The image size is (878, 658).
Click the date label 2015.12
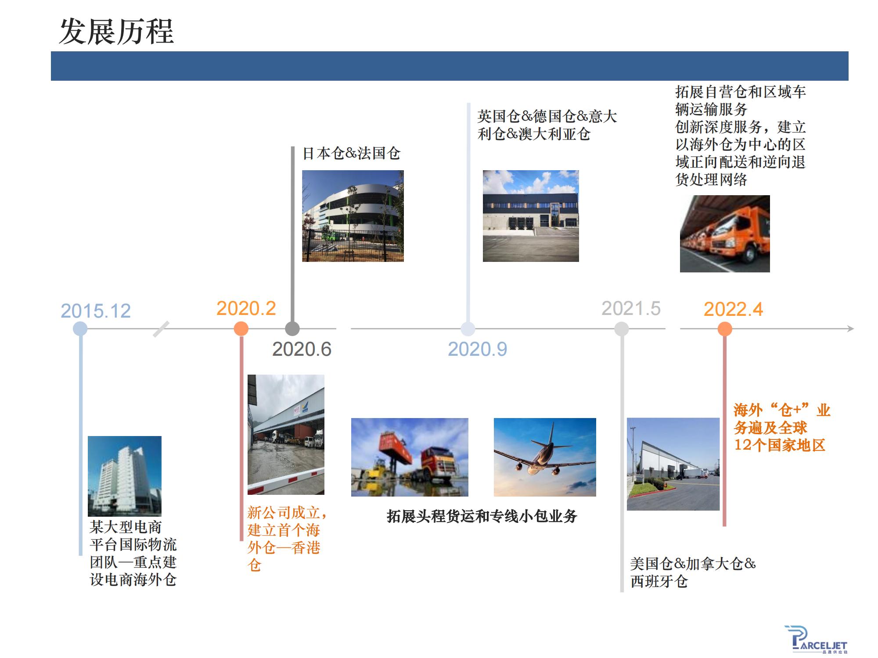[x=96, y=311]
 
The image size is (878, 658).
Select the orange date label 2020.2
[x=246, y=308]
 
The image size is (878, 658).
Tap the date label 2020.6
[x=302, y=349]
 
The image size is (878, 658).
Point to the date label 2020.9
[x=477, y=349]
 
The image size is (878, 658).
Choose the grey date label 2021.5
[x=631, y=308]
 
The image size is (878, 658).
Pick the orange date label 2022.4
[x=733, y=309]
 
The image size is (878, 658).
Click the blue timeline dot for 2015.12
[x=80, y=329]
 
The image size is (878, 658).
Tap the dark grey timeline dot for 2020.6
[x=292, y=329]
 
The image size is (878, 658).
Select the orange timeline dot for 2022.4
[x=725, y=329]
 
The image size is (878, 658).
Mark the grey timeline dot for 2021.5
[x=622, y=329]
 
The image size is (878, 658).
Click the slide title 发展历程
[x=116, y=32]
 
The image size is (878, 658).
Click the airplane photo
[x=545, y=457]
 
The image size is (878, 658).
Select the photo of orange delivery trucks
[x=725, y=234]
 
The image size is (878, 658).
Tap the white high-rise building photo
[x=125, y=476]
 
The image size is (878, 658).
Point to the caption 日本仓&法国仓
[x=352, y=154]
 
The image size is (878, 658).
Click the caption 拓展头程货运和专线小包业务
[x=482, y=516]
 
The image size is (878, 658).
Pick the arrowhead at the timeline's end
[x=850, y=329]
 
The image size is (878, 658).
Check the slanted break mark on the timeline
[x=161, y=329]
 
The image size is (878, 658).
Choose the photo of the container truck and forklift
[x=410, y=457]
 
